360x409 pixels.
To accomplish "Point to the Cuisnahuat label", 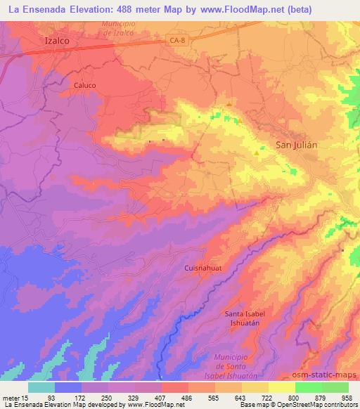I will pyautogui.click(x=203, y=268).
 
